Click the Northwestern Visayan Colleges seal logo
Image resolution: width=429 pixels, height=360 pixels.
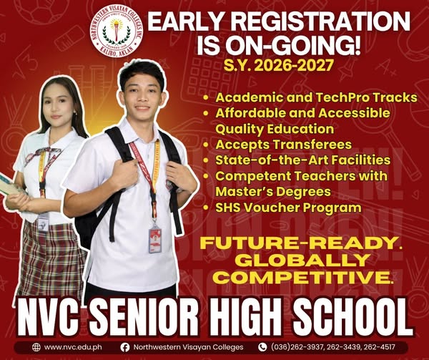coord(117,32)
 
